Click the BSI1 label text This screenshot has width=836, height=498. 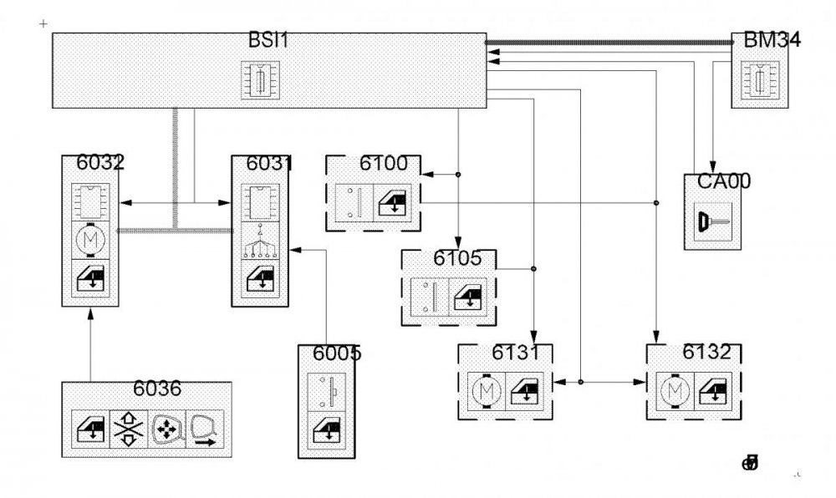(x=268, y=41)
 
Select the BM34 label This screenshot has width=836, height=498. (x=766, y=40)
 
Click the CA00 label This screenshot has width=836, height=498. (x=712, y=180)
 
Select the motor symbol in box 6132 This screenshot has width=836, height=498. (x=673, y=389)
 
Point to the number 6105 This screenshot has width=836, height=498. (x=451, y=258)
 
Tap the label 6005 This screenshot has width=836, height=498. (x=337, y=353)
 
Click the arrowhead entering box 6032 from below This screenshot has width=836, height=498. (x=89, y=314)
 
